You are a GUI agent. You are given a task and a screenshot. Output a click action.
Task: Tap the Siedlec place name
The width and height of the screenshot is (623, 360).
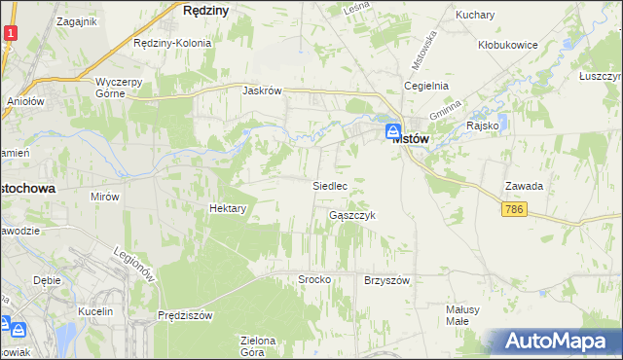330,184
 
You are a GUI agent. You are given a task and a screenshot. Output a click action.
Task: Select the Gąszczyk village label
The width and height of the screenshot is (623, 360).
351,215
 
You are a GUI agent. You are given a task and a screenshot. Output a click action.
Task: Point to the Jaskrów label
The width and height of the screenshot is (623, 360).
262,90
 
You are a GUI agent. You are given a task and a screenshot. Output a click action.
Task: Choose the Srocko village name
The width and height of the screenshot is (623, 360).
314,279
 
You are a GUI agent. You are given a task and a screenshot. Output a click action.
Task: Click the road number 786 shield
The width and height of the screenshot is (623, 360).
515,209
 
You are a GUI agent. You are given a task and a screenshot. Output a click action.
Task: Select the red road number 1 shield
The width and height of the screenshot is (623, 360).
9,33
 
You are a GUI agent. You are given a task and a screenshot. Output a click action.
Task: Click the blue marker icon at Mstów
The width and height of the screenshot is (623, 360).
392,131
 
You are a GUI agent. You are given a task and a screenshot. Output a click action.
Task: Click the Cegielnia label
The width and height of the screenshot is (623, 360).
426,86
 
